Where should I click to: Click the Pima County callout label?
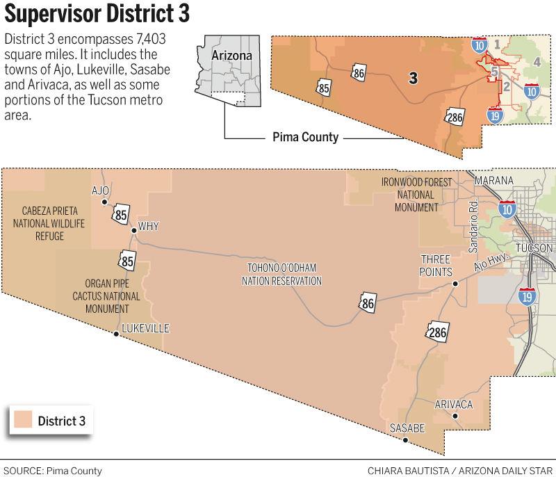pyautogui.click(x=304, y=137)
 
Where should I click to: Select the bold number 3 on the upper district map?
pyautogui.click(x=413, y=78)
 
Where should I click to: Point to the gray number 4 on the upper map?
pyautogui.click(x=537, y=63)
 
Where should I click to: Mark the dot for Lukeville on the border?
pyautogui.click(x=116, y=334)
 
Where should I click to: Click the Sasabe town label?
pyautogui.click(x=407, y=428)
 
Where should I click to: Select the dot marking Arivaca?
pyautogui.click(x=455, y=417)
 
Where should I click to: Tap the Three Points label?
pyautogui.click(x=436, y=265)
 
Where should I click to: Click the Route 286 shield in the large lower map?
pyautogui.click(x=436, y=333)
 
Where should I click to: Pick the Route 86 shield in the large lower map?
pyautogui.click(x=367, y=304)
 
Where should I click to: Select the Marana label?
pyautogui.click(x=493, y=181)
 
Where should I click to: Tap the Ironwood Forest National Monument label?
pyautogui.click(x=416, y=195)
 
